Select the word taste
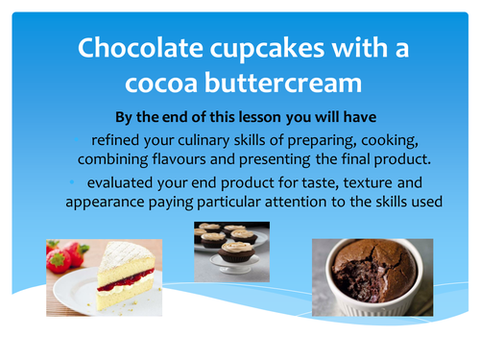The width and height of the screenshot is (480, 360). (304, 182)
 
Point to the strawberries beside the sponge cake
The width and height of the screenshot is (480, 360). (61, 256)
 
